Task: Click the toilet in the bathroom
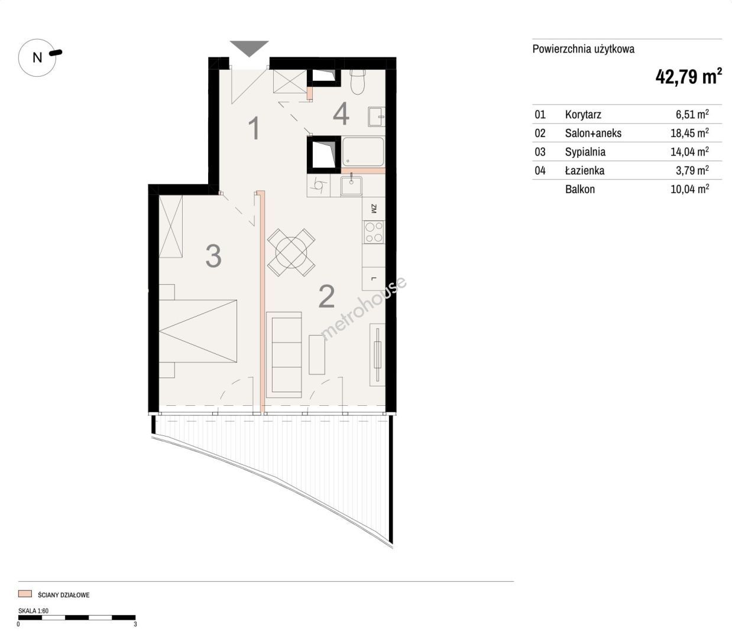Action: pyautogui.click(x=357, y=82)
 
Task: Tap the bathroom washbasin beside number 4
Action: pyautogui.click(x=377, y=116)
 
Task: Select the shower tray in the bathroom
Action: pyautogui.click(x=363, y=152)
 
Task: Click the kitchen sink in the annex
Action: pyautogui.click(x=351, y=186)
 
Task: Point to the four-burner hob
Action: pyautogui.click(x=374, y=232)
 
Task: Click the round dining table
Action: pyautogui.click(x=291, y=252)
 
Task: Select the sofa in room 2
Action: pyautogui.click(x=284, y=355)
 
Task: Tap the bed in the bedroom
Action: pyautogui.click(x=198, y=331)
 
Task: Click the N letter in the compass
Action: pyautogui.click(x=37, y=57)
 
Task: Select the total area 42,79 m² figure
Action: pyautogui.click(x=688, y=76)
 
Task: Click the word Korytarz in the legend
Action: pyautogui.click(x=583, y=115)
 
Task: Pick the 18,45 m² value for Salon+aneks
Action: pyautogui.click(x=689, y=133)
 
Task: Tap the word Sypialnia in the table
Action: pyautogui.click(x=585, y=152)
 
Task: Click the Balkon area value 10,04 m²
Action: pyautogui.click(x=689, y=188)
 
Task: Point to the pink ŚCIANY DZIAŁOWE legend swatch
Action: pyautogui.click(x=25, y=594)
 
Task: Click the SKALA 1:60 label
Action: pyautogui.click(x=33, y=610)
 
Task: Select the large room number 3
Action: pyautogui.click(x=213, y=256)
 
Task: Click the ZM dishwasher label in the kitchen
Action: pyautogui.click(x=374, y=209)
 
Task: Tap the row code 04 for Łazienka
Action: pyautogui.click(x=540, y=171)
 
